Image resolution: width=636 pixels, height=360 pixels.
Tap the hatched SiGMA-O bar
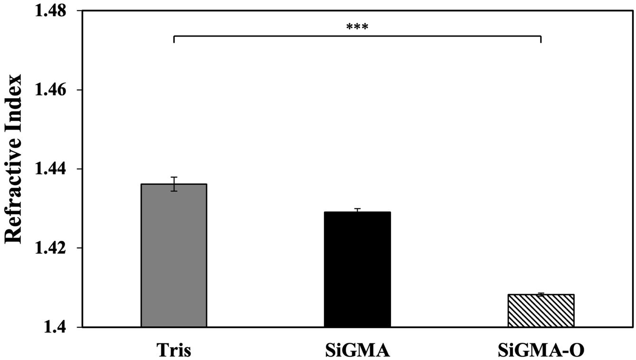click(x=541, y=311)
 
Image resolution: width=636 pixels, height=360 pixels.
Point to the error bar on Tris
click(x=174, y=184)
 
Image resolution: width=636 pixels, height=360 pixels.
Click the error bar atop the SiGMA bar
click(x=358, y=210)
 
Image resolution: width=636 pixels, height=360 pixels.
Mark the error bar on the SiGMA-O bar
click(x=541, y=294)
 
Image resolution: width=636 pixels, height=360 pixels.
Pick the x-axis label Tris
click(x=174, y=350)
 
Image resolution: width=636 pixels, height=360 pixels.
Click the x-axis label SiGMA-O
click(x=541, y=350)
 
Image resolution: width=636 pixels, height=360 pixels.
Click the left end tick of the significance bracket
click(x=174, y=39)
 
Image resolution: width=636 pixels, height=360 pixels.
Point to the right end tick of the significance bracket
click(x=541, y=39)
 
